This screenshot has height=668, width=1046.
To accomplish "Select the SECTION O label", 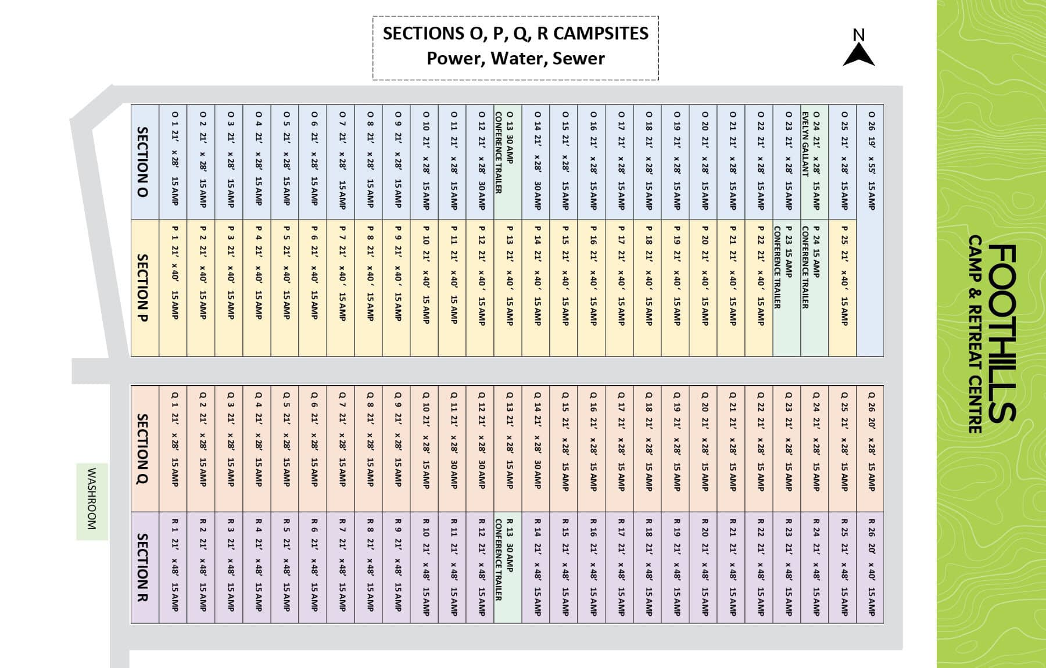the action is [142, 162].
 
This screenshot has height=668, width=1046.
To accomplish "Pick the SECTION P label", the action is [142, 288].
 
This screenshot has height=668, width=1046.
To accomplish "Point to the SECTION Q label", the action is [142, 448].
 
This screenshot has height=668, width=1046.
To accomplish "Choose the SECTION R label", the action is [142, 568].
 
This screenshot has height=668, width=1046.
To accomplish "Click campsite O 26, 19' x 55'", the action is [870, 230].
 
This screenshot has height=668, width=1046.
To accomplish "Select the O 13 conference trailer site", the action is [508, 162].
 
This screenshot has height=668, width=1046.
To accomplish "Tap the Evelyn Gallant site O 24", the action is [814, 162].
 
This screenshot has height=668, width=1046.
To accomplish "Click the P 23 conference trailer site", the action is [787, 288].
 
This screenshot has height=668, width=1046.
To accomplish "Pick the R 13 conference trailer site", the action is [508, 568].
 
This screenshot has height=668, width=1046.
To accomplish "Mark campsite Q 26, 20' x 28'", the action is [870, 448].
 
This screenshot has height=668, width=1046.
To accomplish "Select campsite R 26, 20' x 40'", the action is [870, 568].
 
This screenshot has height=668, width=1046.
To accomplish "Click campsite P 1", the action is [173, 288].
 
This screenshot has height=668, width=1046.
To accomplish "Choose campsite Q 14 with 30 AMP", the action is [536, 448].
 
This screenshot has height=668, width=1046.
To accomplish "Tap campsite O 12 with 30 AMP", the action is [480, 162].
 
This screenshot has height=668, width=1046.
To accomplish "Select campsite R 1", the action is [173, 568].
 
